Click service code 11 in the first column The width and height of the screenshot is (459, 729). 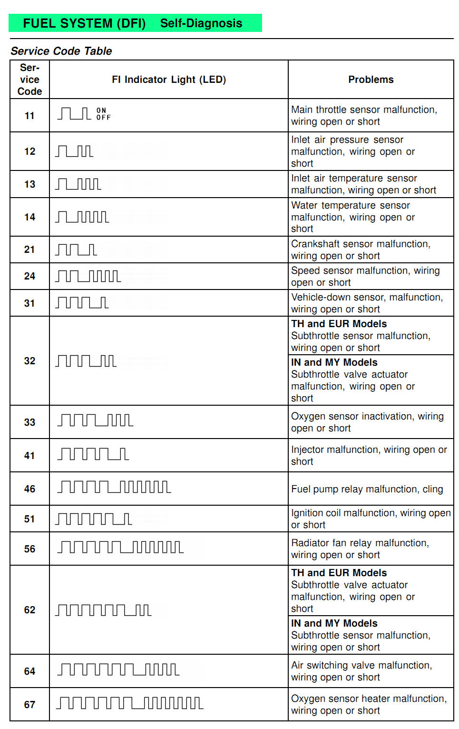[x=29, y=116]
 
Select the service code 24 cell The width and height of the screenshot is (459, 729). [x=29, y=276]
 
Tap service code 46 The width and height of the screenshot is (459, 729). [x=29, y=489]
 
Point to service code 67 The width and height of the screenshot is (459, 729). [x=29, y=705]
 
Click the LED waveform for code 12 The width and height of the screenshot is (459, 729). [x=74, y=151]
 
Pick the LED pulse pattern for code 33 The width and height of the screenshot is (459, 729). [x=95, y=420]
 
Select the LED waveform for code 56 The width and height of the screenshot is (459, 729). [x=120, y=547]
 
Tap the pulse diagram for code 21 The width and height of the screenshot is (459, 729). [x=76, y=250]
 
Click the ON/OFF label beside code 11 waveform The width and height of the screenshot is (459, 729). [x=103, y=114]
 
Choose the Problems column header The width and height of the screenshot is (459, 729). [x=371, y=80]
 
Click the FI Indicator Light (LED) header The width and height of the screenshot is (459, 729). [x=169, y=80]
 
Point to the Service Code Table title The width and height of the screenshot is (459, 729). [x=61, y=51]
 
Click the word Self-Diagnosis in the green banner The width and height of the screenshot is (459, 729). [x=201, y=23]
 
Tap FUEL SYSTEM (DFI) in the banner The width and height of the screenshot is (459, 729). [x=84, y=23]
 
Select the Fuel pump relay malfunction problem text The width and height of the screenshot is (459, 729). [x=367, y=489]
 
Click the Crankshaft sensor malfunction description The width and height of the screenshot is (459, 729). [x=361, y=250]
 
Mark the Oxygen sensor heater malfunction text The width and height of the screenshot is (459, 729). [x=369, y=704]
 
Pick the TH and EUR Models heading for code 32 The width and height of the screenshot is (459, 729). [x=339, y=324]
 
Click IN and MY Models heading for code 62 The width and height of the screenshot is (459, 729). [x=334, y=623]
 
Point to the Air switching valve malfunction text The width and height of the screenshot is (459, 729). [x=361, y=671]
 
